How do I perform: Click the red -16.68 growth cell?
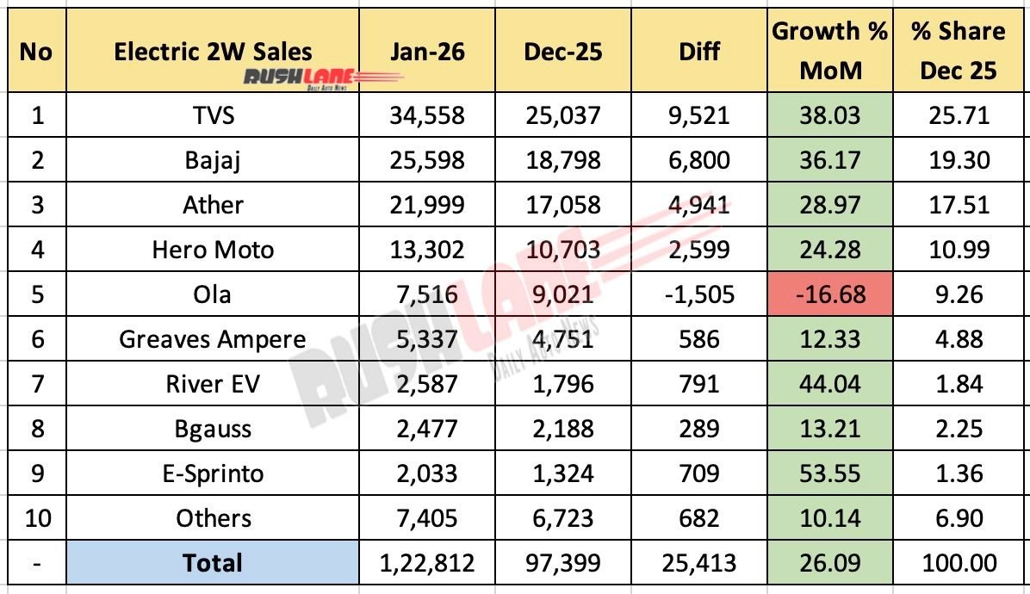point(830,294)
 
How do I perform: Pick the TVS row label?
point(213,115)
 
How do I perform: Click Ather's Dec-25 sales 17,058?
point(561,205)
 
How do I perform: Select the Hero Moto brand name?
point(213,250)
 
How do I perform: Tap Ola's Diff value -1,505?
point(698,294)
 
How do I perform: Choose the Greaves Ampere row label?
point(213,339)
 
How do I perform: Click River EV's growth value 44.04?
point(830,384)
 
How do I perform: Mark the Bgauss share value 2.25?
point(958,429)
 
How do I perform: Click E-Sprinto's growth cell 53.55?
point(830,473)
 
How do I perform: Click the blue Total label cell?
point(213,563)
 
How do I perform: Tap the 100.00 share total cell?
point(958,563)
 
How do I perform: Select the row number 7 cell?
point(36,384)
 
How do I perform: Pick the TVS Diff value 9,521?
point(698,115)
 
